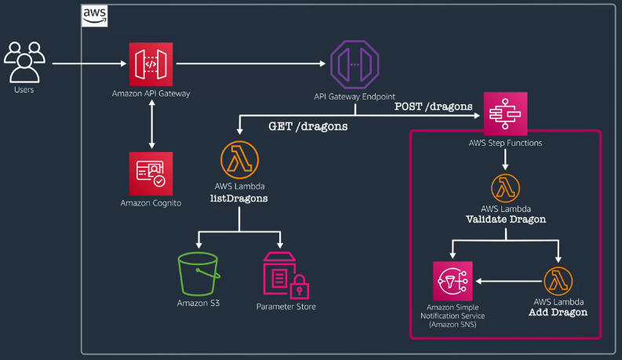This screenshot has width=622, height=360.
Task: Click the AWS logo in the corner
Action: coord(94,16)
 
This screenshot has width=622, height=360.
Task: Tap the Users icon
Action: coord(24,62)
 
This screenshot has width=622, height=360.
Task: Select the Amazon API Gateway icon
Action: coord(151,64)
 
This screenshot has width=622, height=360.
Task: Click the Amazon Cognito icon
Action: coord(151,173)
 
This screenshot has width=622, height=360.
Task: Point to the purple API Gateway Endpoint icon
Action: coord(355,64)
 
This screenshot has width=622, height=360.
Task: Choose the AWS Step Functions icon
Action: coord(505,114)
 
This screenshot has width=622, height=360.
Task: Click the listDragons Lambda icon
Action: coord(239,160)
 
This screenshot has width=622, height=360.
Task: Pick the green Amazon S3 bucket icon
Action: coord(198,274)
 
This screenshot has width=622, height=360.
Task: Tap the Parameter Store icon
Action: coord(286,275)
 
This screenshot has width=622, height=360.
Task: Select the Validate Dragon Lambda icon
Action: coord(505,188)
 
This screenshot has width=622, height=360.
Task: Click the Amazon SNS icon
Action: coord(453,281)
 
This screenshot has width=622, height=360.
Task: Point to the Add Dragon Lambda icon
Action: coord(558,281)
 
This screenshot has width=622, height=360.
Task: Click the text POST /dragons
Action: coord(433,107)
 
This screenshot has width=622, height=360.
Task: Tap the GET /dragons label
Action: coord(307,126)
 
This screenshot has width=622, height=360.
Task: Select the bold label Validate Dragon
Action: coord(506,220)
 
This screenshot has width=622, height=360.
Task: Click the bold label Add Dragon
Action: coord(558,312)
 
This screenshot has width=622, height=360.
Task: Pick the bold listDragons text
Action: coord(238,198)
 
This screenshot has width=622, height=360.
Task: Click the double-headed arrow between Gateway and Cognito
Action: coord(151,124)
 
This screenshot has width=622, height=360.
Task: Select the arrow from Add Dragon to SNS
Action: coord(509,281)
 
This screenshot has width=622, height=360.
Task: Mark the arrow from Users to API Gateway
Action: coord(89,64)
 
